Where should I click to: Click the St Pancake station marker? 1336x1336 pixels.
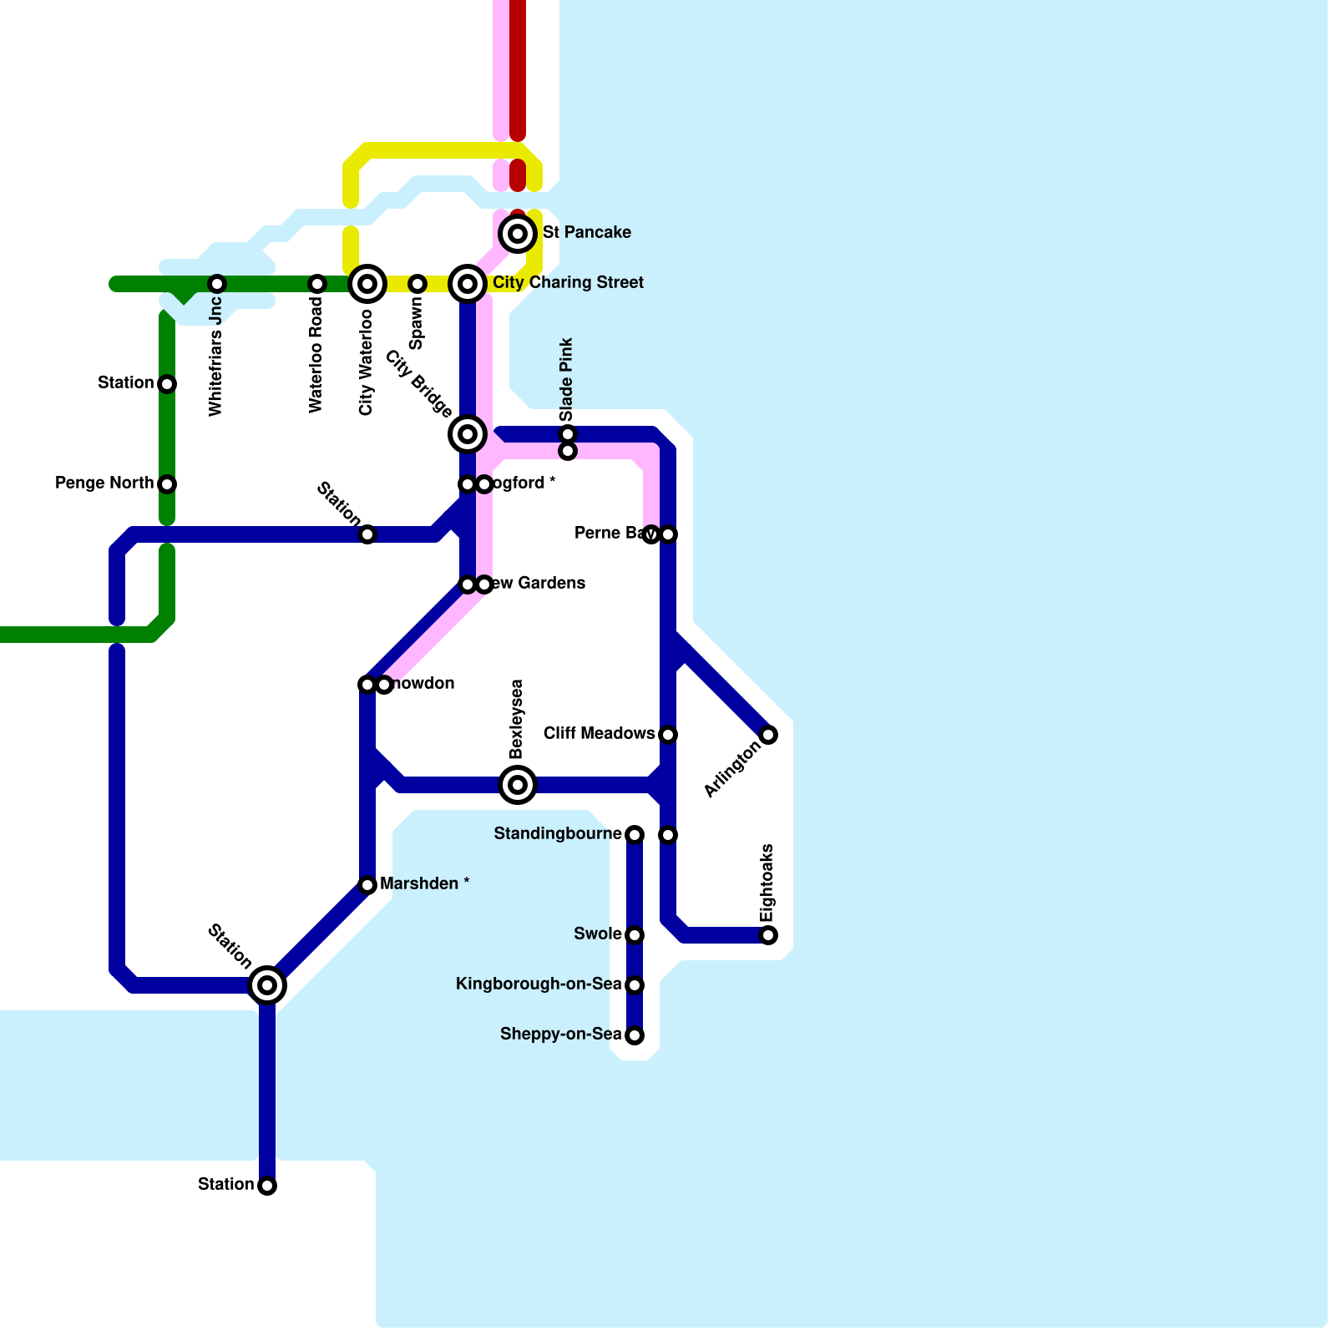(x=518, y=234)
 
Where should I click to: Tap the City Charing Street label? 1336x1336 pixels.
(x=568, y=283)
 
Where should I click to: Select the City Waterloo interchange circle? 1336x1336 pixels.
(x=367, y=284)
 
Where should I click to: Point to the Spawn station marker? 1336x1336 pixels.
(x=417, y=284)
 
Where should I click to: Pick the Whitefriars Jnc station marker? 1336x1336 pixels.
(x=217, y=284)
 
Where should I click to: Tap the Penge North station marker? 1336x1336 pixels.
(x=167, y=484)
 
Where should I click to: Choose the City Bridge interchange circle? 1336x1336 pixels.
(x=468, y=434)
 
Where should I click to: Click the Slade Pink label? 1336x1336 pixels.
(x=567, y=379)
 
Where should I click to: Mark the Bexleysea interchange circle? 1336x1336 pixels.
(x=518, y=785)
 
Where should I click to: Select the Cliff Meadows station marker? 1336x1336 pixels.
(x=668, y=735)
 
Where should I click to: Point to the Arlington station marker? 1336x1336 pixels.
(x=768, y=735)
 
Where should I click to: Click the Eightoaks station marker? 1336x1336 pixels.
(x=768, y=935)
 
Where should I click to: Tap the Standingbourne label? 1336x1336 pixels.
(x=558, y=834)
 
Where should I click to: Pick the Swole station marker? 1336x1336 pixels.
(x=635, y=935)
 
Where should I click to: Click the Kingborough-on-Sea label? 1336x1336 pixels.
(x=539, y=984)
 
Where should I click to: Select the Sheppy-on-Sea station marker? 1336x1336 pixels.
(x=635, y=1035)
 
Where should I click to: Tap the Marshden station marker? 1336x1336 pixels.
(x=367, y=885)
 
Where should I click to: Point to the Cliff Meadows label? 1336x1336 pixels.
(x=599, y=734)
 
